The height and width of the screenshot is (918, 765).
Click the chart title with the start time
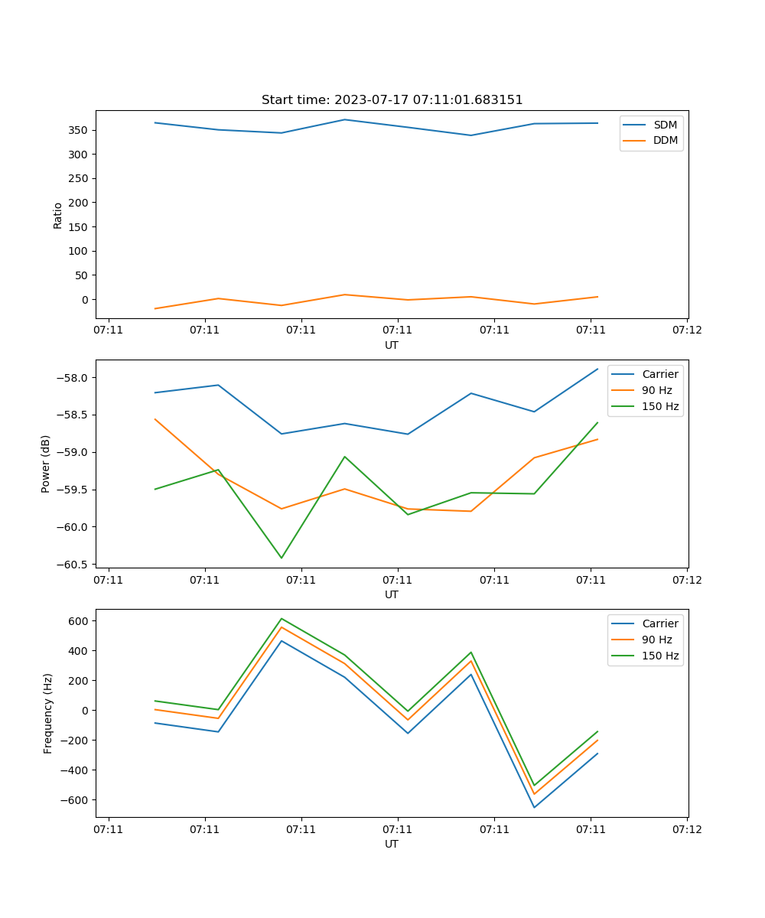coord(392,100)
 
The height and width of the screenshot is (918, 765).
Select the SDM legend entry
coord(665,125)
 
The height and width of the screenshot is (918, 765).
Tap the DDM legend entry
coord(665,140)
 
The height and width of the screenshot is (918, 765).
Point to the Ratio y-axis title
coord(58,216)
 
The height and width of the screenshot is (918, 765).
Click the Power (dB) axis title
coord(46,464)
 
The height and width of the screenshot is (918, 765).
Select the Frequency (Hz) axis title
coord(47,713)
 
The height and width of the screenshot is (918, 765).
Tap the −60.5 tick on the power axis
coord(73,565)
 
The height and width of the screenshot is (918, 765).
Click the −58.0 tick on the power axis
coord(73,378)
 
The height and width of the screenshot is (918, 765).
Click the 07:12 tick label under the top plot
coord(686,330)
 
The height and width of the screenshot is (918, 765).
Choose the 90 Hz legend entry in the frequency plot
coord(657,640)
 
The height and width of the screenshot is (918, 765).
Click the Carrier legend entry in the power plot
coord(659,374)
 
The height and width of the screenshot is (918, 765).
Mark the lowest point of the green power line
coord(282,558)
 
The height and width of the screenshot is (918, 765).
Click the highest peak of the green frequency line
coord(282,618)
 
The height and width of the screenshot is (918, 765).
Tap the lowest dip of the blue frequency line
coord(534,807)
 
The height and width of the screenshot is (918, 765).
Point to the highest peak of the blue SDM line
coord(345,119)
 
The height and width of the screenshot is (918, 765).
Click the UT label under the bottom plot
coord(392,844)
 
